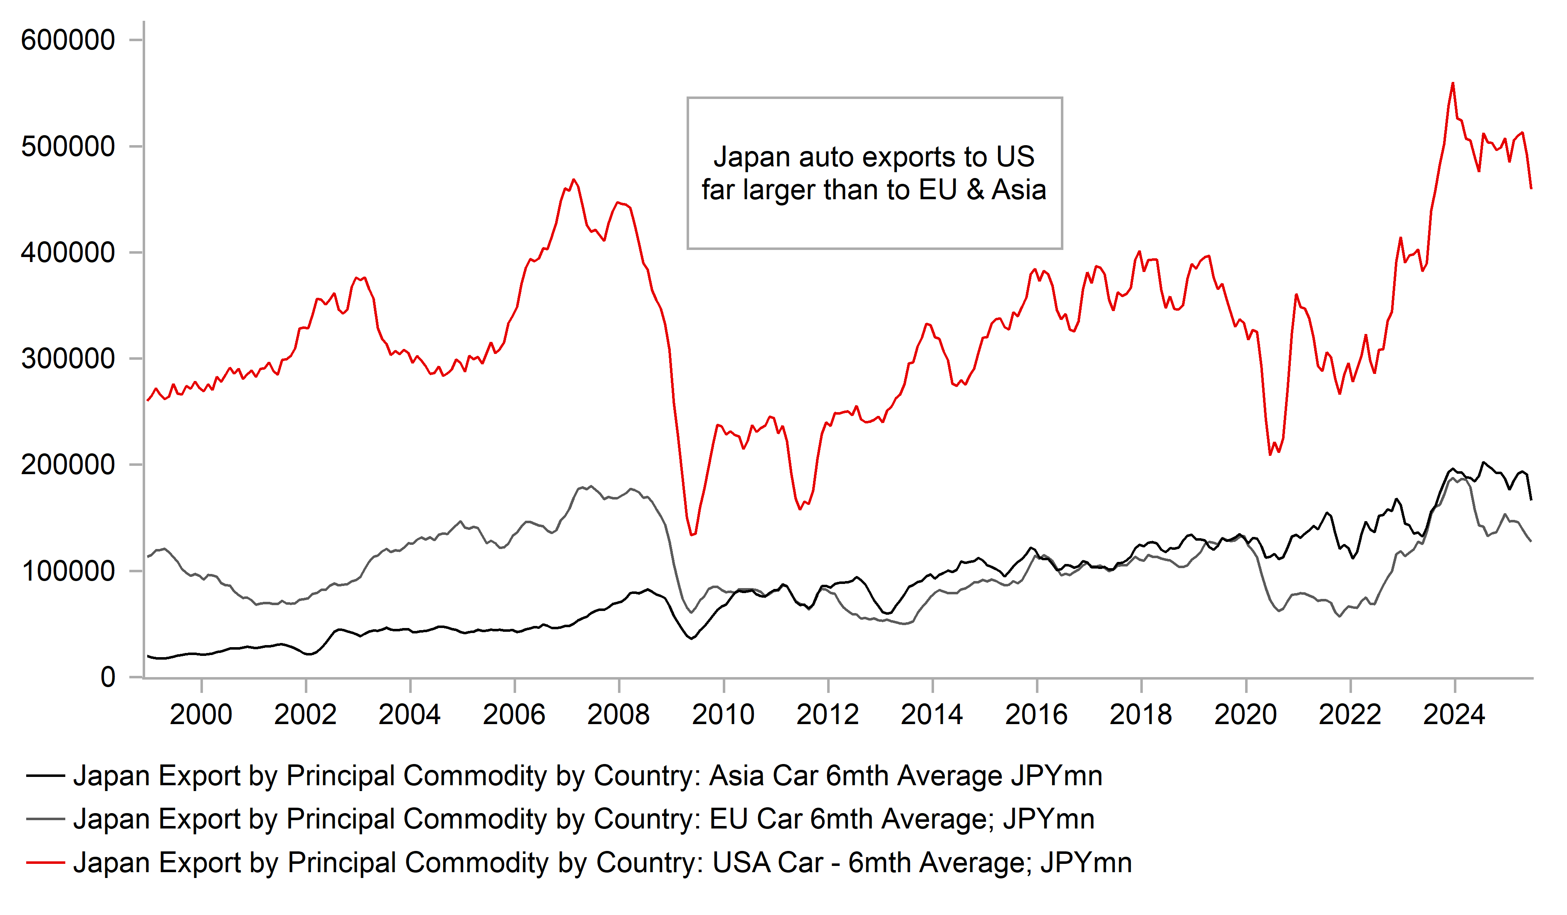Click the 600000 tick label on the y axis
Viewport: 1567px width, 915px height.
coord(68,40)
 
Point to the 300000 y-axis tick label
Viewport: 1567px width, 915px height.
coord(68,359)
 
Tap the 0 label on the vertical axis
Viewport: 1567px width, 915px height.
coord(108,678)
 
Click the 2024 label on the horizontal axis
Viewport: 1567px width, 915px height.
coord(1454,715)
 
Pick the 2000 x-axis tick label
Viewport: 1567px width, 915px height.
coord(201,715)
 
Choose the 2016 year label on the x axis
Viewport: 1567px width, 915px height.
coord(1036,715)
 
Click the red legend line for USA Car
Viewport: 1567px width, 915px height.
coord(45,863)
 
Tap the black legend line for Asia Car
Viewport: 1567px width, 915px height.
coord(45,776)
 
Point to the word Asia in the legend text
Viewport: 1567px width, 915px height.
coord(736,776)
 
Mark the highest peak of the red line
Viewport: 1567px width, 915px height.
coord(1453,83)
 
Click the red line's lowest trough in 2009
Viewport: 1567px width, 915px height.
coord(692,535)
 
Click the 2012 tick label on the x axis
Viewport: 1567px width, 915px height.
coord(827,715)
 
